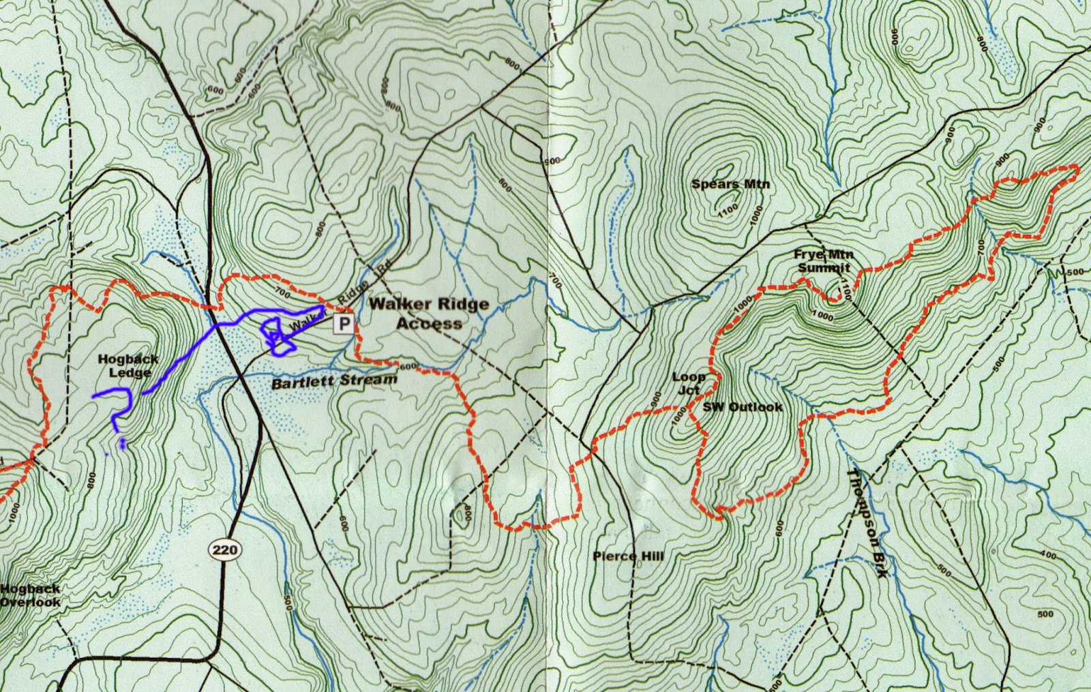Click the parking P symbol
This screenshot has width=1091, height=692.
(x=344, y=325)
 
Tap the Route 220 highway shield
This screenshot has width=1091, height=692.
(x=224, y=550)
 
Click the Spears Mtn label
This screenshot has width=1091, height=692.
(x=730, y=184)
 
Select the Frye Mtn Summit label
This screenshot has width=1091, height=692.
(x=824, y=261)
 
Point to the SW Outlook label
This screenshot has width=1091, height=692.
(x=743, y=407)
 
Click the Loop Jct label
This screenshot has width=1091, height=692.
(x=688, y=383)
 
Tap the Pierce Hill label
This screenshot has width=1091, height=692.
(x=628, y=556)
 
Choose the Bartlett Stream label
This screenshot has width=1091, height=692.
(x=334, y=381)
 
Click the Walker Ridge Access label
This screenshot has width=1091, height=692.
(x=429, y=314)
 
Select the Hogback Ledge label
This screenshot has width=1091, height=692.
(x=128, y=365)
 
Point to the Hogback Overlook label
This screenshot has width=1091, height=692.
(x=31, y=595)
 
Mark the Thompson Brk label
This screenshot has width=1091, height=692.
(x=867, y=524)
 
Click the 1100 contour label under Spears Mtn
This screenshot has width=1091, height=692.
(x=728, y=211)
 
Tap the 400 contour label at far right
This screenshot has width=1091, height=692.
(x=1048, y=555)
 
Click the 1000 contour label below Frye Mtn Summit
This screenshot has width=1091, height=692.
(x=822, y=316)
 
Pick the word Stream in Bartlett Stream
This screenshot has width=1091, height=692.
(x=371, y=380)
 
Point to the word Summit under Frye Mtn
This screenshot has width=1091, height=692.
(x=824, y=268)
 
